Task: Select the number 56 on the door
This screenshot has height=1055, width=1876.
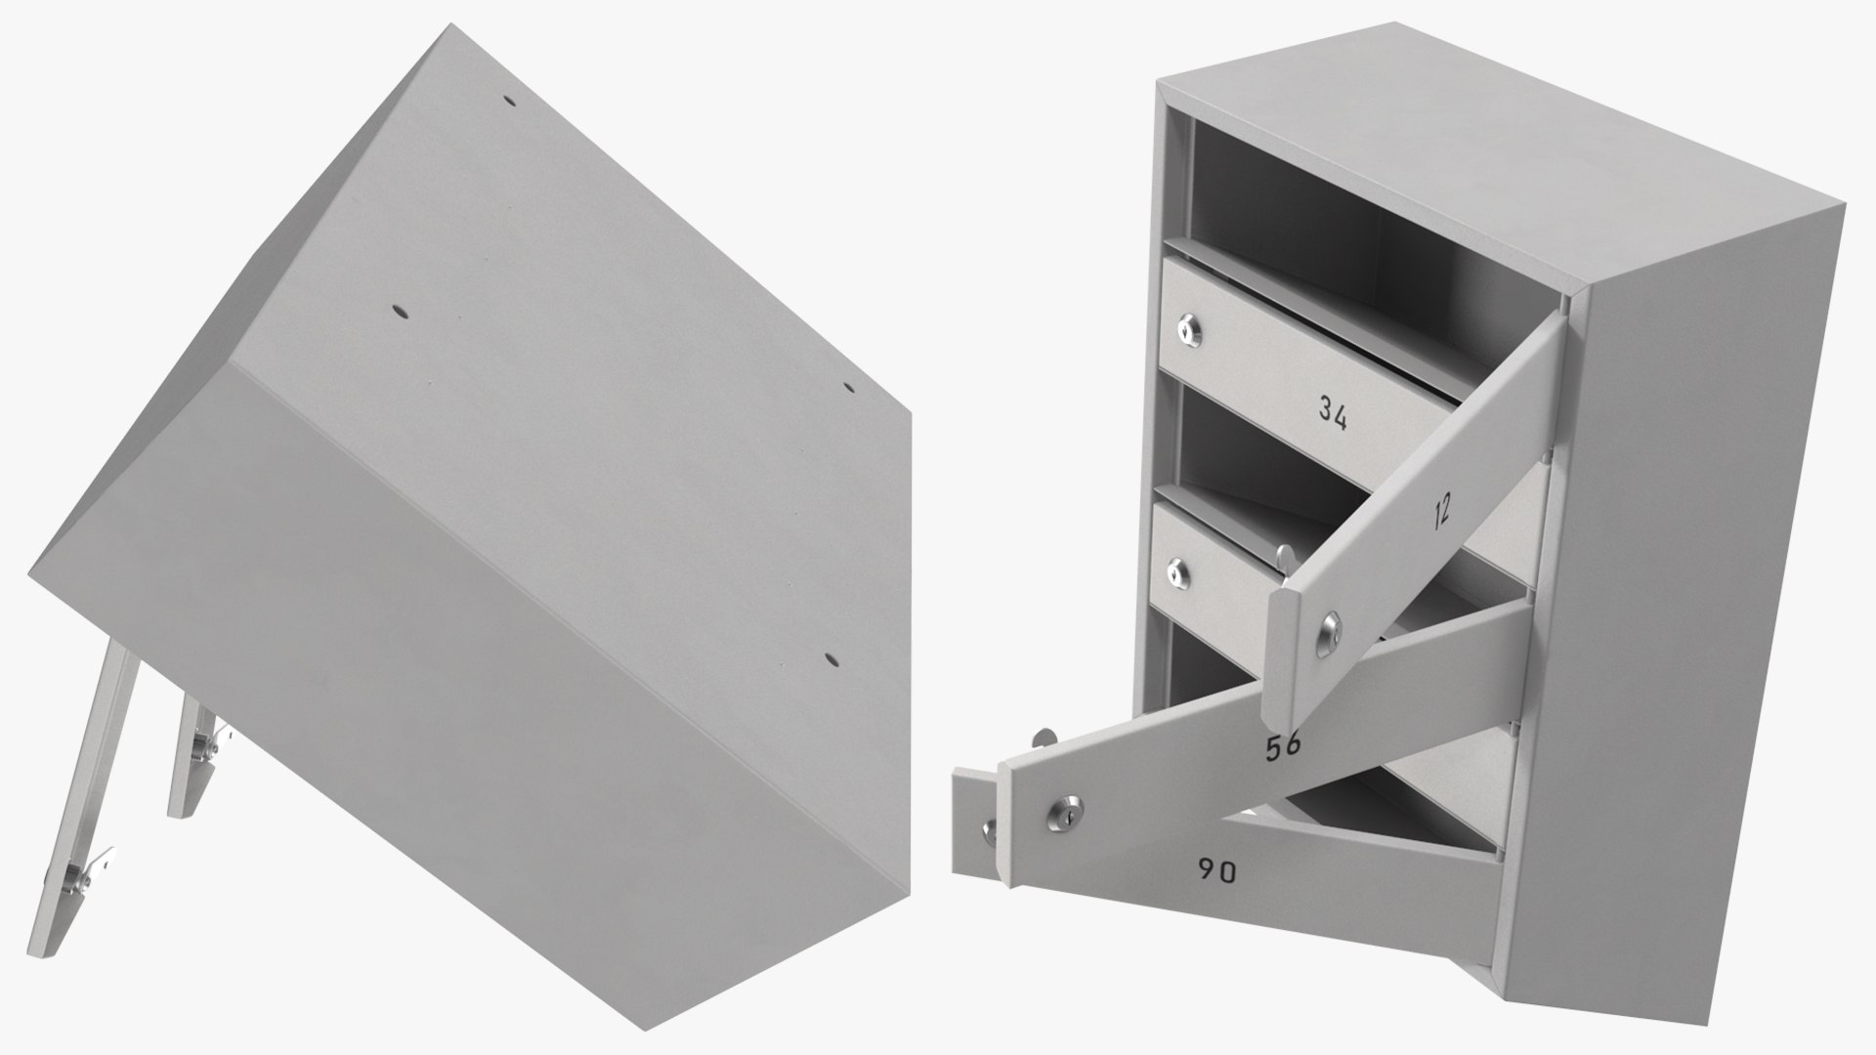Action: pos(1283,747)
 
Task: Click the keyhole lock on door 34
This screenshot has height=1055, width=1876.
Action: pos(1187,331)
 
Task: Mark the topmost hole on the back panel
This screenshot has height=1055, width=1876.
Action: pos(510,102)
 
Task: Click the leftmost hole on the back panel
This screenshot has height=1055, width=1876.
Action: pos(399,312)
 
